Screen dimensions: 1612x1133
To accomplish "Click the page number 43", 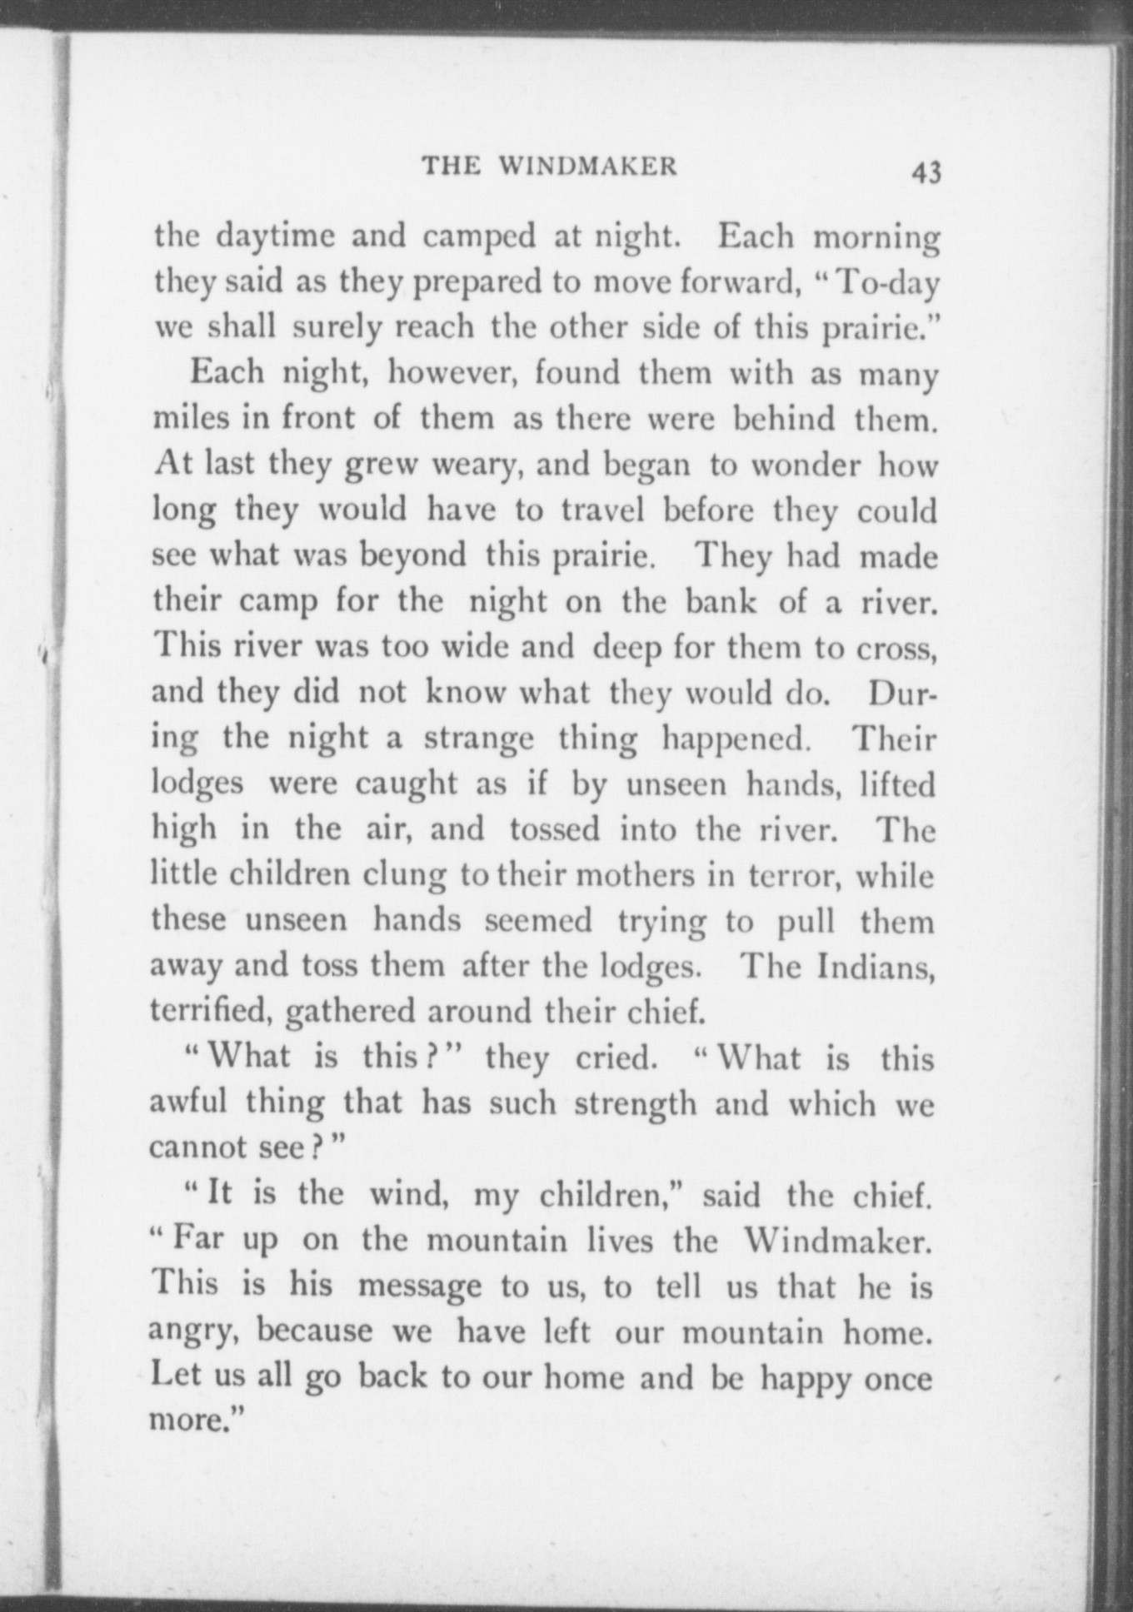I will coord(926,172).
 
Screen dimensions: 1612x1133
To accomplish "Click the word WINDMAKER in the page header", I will coord(588,166).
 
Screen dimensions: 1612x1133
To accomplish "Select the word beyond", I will coord(413,555).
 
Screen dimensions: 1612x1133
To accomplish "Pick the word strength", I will coord(636,1103).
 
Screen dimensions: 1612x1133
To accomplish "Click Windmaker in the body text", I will coord(836,1241).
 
